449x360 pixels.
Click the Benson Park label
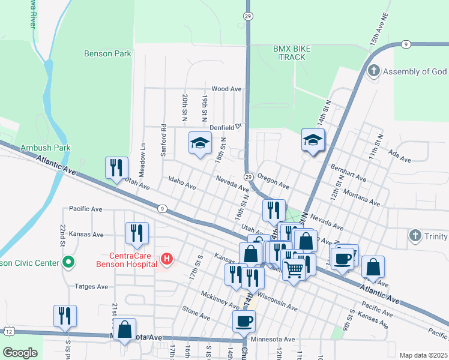coord(107,53)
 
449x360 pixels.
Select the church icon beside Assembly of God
coord(373,71)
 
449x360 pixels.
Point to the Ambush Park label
coord(45,148)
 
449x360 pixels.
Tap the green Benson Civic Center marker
coord(68,262)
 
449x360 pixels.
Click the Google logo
coord(20,353)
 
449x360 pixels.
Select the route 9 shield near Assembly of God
coord(406,44)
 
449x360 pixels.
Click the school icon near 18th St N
coord(200,143)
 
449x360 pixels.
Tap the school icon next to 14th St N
coord(312,140)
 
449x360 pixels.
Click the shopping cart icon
coord(293,270)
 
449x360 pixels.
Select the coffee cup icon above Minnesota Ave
coord(244,321)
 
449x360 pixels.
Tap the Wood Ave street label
coord(226,89)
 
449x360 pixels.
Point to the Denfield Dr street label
coord(225,127)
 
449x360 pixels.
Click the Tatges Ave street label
coord(91,287)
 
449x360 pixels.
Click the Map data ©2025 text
coord(423,355)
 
